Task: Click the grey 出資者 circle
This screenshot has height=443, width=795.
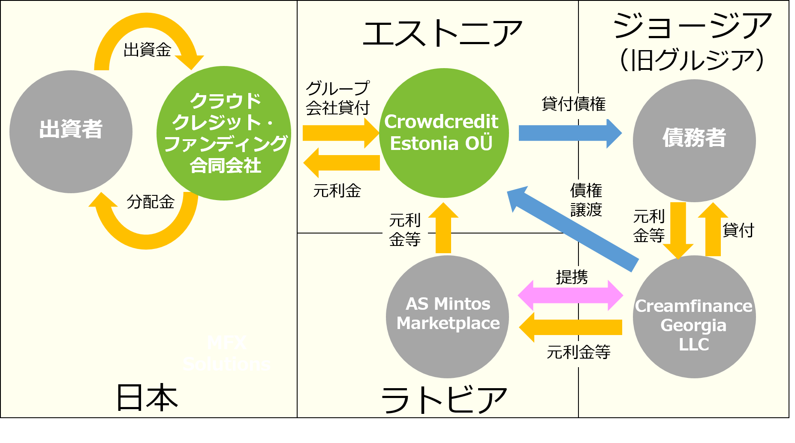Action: coord(71,132)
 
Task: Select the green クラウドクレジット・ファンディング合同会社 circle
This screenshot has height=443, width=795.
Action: coord(224,133)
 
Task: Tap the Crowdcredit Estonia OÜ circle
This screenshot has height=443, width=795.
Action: coord(444,133)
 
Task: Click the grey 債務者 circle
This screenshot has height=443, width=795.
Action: coord(694,141)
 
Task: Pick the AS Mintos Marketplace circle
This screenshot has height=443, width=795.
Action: coord(447,317)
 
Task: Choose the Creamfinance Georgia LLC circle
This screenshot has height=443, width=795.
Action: coord(694,317)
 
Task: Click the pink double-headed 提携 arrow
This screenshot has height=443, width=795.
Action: coord(570,295)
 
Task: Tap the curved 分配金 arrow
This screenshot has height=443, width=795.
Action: coord(146,231)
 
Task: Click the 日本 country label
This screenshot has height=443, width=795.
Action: coord(147,398)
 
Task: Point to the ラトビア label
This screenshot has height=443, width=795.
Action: coord(444,399)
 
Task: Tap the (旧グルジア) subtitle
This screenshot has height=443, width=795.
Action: coord(692,60)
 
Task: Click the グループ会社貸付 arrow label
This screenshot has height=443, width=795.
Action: coord(337,98)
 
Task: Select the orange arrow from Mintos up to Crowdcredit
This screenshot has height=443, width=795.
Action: coord(443,229)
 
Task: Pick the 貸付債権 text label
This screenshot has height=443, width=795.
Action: coord(573,104)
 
